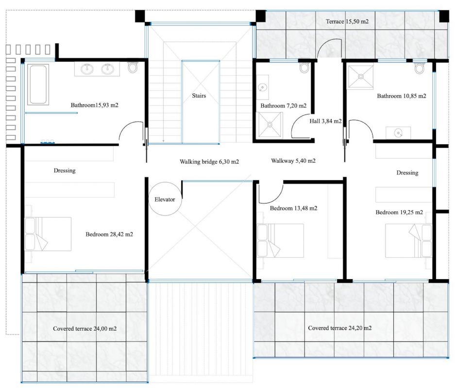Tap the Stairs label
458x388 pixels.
tap(199, 96)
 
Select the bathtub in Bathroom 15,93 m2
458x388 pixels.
tap(38, 84)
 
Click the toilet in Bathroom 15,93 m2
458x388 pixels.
tap(133, 67)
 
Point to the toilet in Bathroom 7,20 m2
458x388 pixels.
tap(305, 67)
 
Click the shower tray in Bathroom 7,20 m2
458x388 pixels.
tap(270, 125)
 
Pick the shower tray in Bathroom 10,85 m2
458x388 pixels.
tap(360, 77)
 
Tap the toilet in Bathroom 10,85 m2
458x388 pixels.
tap(420, 67)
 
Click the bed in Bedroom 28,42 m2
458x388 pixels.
tap(48, 234)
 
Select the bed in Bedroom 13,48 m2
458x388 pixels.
tap(280, 240)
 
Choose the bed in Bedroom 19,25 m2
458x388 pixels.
tap(408, 240)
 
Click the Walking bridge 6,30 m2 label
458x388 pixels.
tap(209, 162)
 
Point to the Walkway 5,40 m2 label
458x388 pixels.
tap(293, 161)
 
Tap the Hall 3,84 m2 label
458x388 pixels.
tap(325, 121)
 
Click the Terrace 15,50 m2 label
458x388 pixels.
tap(347, 21)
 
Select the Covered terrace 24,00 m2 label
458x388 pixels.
tap(85, 329)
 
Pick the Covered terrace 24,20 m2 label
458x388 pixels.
tap(339, 328)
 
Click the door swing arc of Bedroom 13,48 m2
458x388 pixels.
tap(277, 197)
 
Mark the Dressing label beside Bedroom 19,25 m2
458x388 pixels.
tap(407, 173)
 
